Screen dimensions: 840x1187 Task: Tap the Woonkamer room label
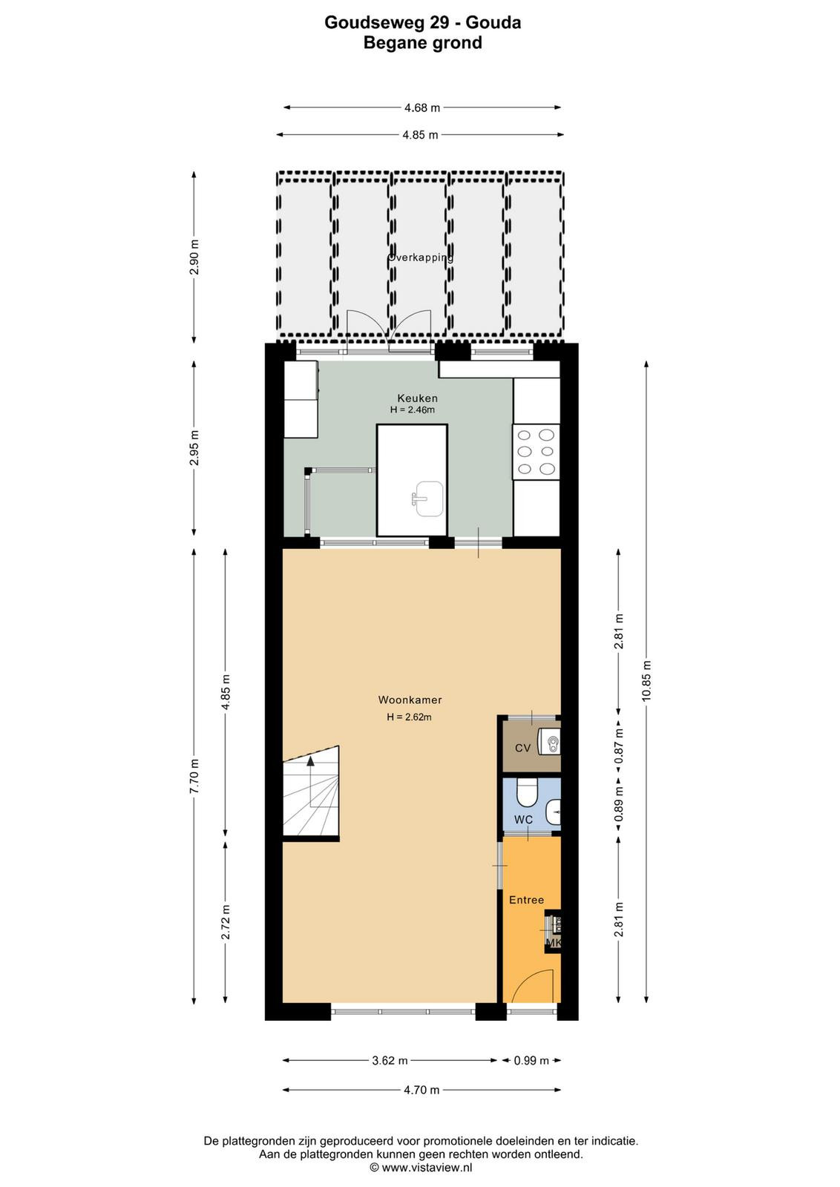click(410, 700)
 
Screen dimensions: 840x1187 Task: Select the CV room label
click(522, 748)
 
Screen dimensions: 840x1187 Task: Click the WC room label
click(523, 820)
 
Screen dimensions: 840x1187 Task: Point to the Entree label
click(526, 900)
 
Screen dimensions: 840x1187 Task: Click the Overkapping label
click(420, 257)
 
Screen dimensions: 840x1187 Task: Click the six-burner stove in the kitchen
click(536, 452)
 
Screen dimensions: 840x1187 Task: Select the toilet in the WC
click(527, 791)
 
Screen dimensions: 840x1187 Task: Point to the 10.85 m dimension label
click(646, 682)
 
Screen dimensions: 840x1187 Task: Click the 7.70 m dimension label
click(194, 776)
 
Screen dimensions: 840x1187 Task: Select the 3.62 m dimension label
click(390, 1060)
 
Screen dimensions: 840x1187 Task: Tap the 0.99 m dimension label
click(531, 1060)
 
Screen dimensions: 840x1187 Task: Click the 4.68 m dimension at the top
click(422, 108)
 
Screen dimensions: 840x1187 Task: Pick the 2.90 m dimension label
click(194, 257)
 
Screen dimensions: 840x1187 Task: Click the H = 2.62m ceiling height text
click(409, 717)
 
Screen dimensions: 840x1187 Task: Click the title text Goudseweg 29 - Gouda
click(422, 22)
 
